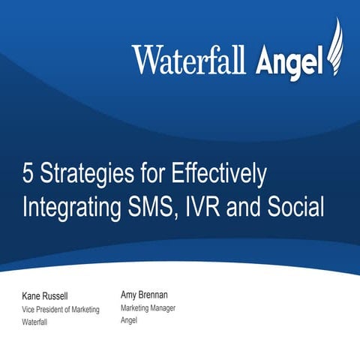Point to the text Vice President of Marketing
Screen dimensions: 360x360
click(60, 310)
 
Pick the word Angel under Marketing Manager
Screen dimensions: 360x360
click(130, 320)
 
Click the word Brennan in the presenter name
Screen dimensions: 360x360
click(160, 295)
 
